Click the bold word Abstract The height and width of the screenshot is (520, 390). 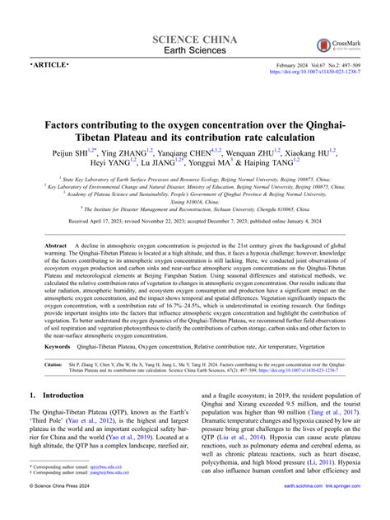tap(56, 246)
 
